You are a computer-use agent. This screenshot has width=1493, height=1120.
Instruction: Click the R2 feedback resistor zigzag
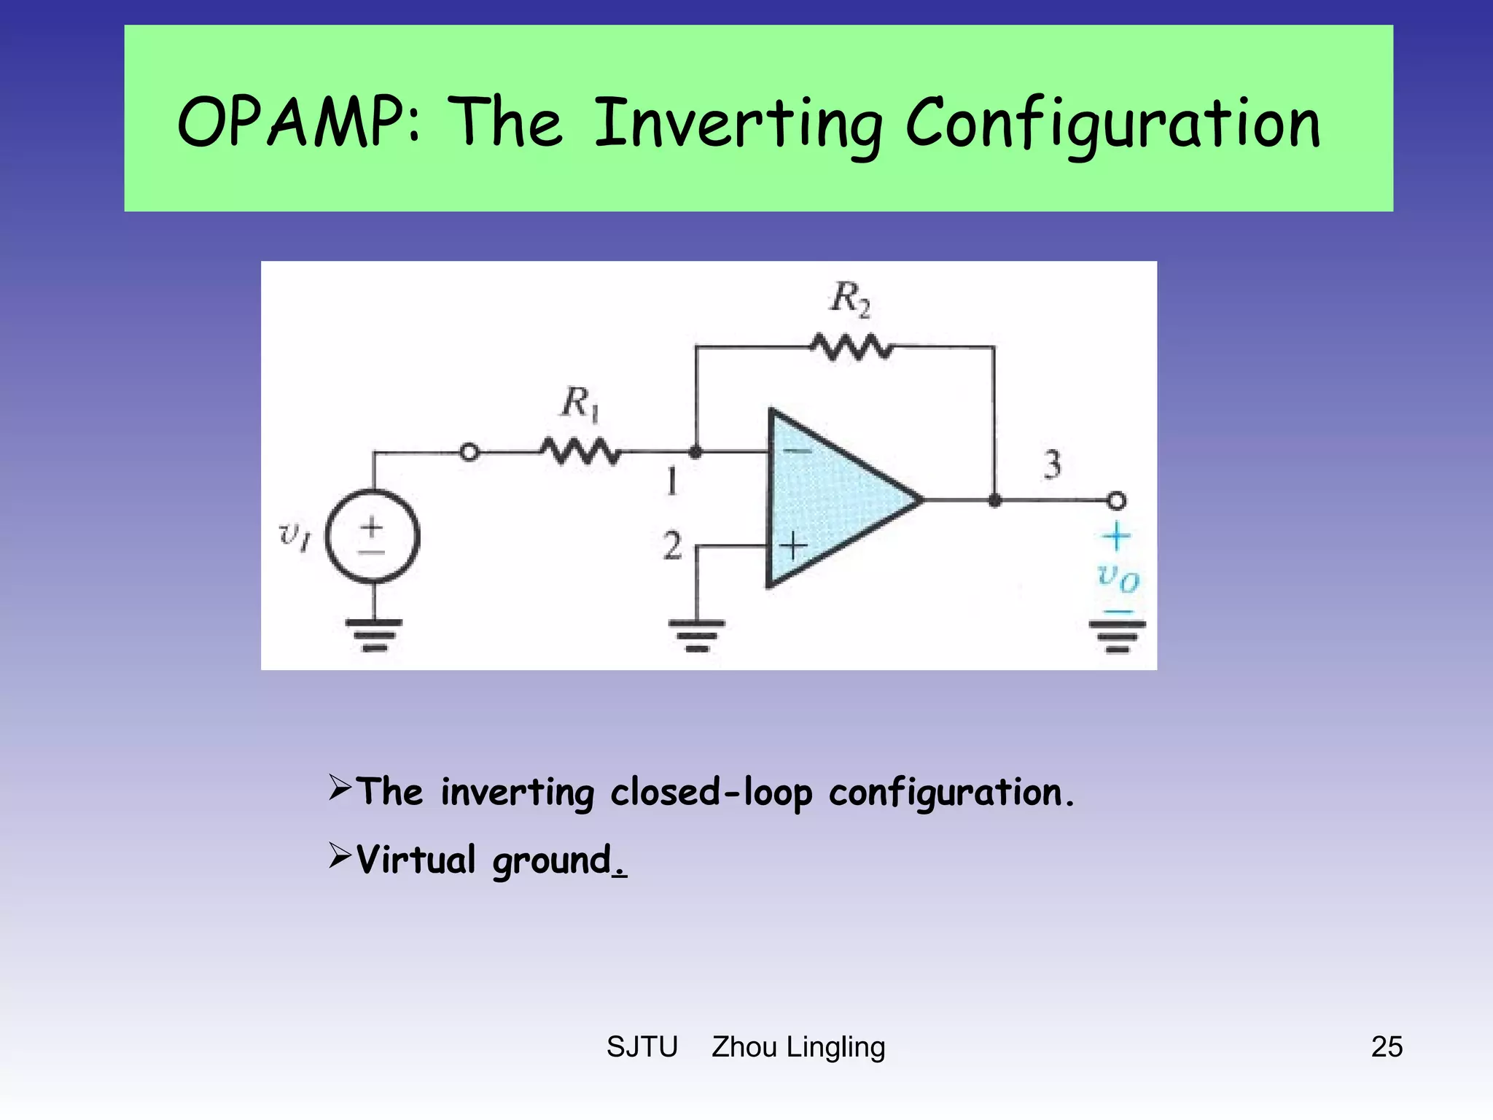click(851, 347)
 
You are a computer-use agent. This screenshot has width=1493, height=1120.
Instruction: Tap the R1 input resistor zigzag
click(580, 452)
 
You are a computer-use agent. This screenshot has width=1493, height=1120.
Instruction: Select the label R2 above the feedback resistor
click(851, 299)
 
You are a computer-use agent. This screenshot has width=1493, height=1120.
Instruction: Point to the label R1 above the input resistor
click(581, 403)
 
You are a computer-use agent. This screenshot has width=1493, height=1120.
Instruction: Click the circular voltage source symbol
click(373, 537)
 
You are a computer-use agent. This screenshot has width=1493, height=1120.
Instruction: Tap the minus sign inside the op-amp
click(797, 451)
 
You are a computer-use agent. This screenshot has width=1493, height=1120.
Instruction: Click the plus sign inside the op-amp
click(795, 545)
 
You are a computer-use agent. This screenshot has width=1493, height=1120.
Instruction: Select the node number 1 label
click(672, 481)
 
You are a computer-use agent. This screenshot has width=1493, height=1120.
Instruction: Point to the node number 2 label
click(672, 545)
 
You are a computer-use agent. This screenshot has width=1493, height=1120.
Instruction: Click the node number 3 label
click(1052, 464)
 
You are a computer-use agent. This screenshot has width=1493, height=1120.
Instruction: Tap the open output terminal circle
click(1116, 501)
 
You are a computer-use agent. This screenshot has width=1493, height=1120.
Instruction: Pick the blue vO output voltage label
click(1118, 577)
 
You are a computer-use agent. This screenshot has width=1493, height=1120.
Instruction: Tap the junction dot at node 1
click(695, 452)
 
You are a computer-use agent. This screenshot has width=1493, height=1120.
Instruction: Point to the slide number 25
click(1387, 1046)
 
